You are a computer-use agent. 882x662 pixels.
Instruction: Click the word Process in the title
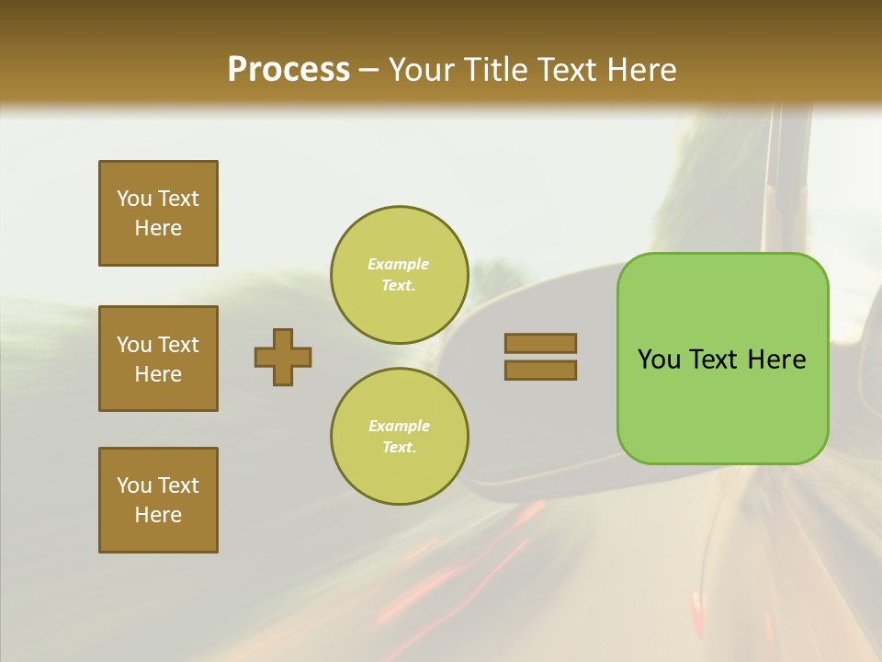click(x=288, y=70)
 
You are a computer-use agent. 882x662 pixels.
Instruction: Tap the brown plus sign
click(x=283, y=357)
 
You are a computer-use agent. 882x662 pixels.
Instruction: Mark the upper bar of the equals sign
click(x=540, y=343)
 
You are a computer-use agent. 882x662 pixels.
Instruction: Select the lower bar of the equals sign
click(x=540, y=370)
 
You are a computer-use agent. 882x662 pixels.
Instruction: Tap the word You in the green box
click(x=659, y=360)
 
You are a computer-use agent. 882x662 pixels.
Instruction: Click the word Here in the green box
click(x=776, y=360)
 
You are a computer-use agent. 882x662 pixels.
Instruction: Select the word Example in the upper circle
click(x=398, y=264)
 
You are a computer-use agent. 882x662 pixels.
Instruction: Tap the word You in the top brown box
click(x=134, y=199)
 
